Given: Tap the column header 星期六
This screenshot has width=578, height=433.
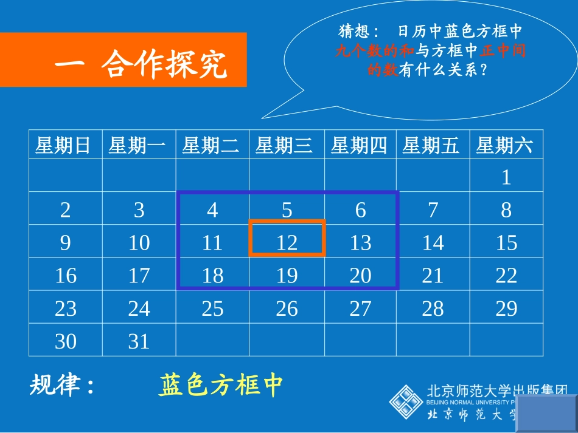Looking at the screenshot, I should (504, 146).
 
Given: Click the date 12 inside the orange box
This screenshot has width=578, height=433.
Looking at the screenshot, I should (287, 243).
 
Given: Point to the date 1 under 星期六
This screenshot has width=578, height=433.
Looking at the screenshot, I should (506, 177).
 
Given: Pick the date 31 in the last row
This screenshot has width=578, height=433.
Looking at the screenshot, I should (139, 341).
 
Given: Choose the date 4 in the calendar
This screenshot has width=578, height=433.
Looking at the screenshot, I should (212, 210).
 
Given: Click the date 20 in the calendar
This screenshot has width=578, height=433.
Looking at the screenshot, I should (360, 276).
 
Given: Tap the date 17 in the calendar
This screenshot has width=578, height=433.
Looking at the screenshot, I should (139, 276).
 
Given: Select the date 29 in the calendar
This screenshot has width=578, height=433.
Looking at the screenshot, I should (506, 309).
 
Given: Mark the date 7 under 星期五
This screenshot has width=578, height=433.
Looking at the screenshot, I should (433, 210).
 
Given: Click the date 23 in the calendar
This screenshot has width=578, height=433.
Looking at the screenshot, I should (66, 309).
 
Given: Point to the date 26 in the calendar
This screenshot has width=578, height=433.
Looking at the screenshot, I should (287, 309).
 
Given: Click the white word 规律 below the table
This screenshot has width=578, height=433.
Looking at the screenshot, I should (55, 384).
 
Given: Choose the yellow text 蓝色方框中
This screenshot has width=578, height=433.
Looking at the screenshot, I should (221, 384).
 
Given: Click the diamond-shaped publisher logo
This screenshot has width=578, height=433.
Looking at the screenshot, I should (406, 401).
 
